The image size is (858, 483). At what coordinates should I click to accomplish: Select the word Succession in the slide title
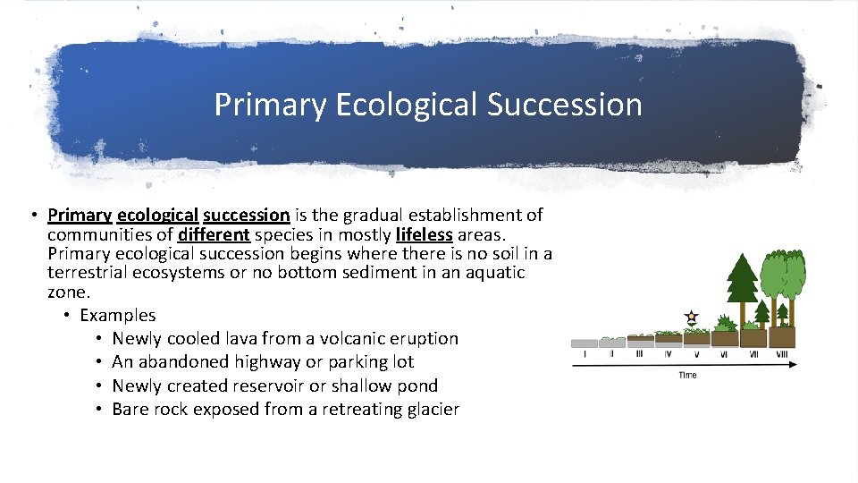565,105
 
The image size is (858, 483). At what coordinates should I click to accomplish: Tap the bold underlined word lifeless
425,234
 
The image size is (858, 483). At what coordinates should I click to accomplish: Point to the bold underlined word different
214,234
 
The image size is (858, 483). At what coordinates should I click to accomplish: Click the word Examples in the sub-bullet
117,315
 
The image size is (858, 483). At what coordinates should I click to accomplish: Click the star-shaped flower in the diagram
690,316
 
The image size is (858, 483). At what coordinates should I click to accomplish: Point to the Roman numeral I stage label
585,354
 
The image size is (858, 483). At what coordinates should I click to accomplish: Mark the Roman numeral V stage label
696,354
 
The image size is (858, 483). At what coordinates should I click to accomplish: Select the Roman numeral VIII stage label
782,354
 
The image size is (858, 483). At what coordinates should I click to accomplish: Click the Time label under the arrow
687,375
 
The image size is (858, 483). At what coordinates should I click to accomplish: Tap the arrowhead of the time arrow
793,364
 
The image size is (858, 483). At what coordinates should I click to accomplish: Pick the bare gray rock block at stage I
585,343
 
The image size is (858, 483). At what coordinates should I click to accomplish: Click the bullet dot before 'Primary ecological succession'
31,215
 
